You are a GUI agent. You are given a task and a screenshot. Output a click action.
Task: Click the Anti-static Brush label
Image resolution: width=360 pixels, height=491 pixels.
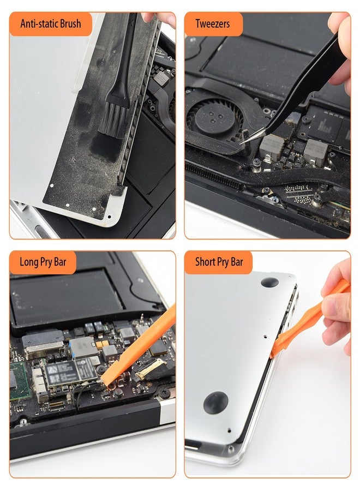[x=50, y=24]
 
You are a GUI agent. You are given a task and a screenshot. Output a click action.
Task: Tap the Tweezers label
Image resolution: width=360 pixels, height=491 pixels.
[x=212, y=24]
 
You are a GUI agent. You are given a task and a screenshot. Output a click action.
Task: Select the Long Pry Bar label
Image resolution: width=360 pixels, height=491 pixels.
[x=43, y=262]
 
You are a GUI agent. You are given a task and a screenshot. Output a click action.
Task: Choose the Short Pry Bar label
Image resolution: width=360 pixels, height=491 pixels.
[x=219, y=262]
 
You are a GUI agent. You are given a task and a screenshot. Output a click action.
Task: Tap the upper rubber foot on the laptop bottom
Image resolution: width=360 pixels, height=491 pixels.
[x=269, y=282]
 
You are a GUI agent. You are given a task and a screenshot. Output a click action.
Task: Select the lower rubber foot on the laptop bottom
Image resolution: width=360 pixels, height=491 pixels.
[x=215, y=403]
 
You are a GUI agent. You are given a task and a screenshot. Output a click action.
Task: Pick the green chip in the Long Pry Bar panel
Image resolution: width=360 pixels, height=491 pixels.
[x=17, y=377]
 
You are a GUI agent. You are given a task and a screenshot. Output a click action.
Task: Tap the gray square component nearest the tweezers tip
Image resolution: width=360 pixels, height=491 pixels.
[x=272, y=145]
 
